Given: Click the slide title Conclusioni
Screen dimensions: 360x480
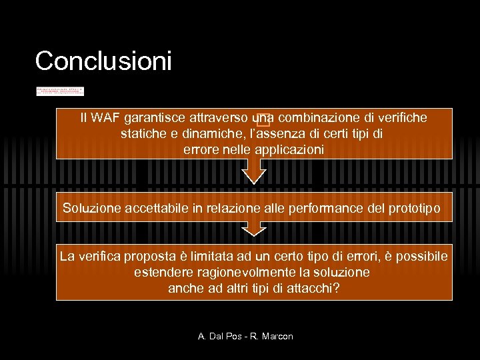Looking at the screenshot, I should pyautogui.click(x=103, y=61).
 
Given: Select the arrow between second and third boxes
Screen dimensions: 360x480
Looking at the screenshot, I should pyautogui.click(x=253, y=229).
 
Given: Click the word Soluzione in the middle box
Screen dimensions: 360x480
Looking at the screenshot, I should pyautogui.click(x=92, y=208).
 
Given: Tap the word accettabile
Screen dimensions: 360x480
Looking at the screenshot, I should pyautogui.click(x=157, y=208).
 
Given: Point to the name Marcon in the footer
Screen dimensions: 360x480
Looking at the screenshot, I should pyautogui.click(x=275, y=336).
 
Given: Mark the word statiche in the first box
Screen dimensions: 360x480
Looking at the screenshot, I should pyautogui.click(x=143, y=134).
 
